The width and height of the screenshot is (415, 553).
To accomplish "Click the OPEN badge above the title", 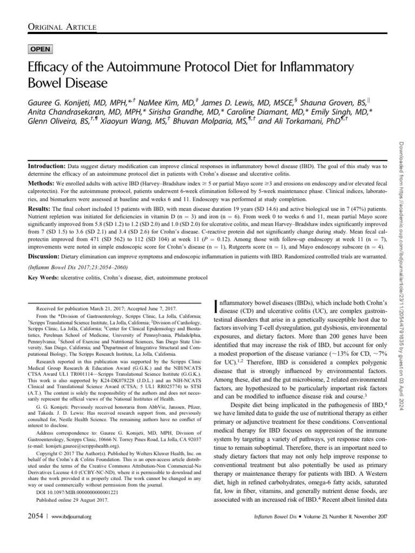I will click(41, 49).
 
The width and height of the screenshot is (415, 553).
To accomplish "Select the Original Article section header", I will click(62, 27).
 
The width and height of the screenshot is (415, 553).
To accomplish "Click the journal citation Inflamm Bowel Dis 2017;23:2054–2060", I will click(79, 267).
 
